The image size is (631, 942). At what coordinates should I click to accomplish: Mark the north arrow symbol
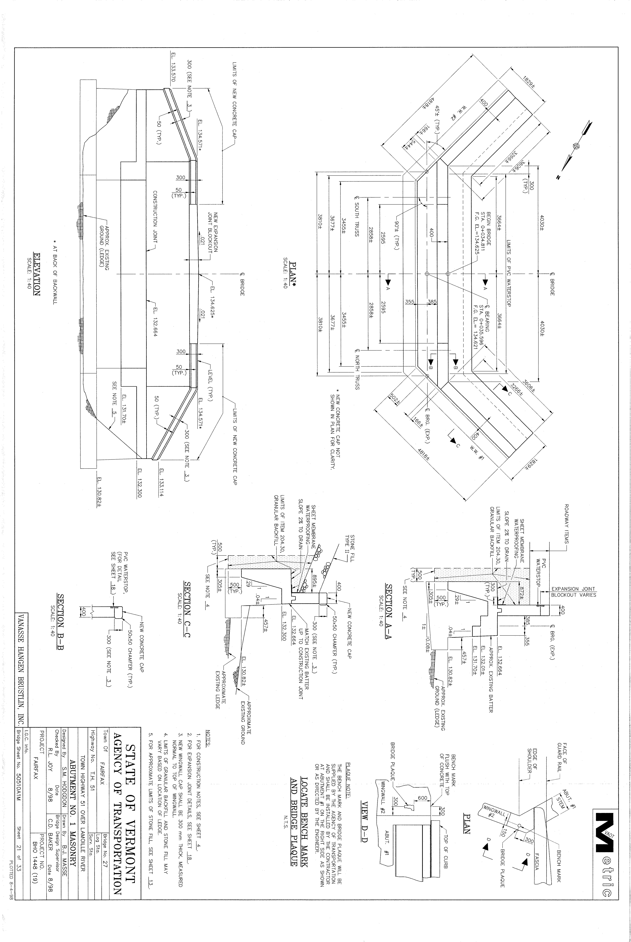576,146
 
